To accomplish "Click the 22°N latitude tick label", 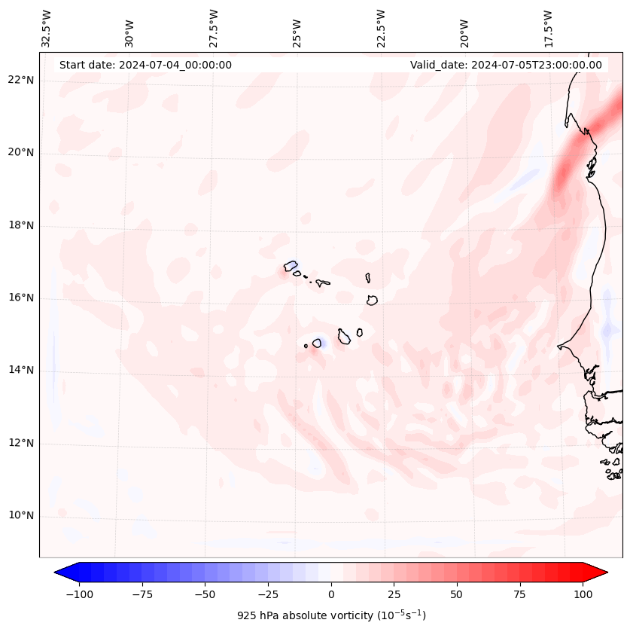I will click(x=21, y=80).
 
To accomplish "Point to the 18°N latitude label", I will click(x=21, y=225).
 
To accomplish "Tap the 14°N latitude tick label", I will click(x=21, y=371).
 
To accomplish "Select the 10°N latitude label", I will click(x=21, y=516).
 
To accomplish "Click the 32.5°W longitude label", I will click(x=47, y=28).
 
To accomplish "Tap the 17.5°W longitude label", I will click(x=547, y=28).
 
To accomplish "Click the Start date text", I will click(x=145, y=65).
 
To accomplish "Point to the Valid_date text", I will click(x=506, y=65).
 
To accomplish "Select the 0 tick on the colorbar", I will click(x=331, y=594).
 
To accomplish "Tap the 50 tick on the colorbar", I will click(x=456, y=594).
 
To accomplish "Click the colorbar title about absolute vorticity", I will click(x=331, y=615).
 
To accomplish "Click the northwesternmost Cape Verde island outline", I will click(x=291, y=266).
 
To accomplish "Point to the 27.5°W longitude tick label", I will click(x=214, y=28).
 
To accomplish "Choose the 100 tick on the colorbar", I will click(x=583, y=594).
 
